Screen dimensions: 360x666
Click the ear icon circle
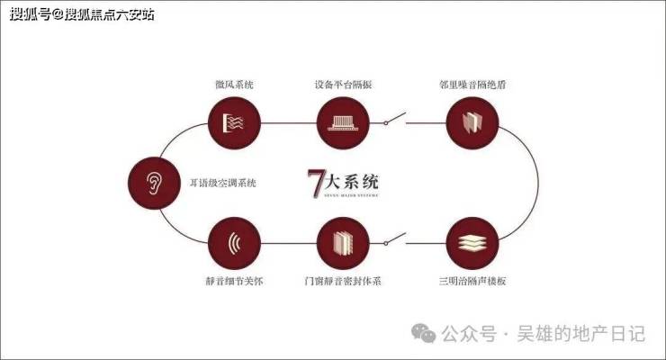[153, 183]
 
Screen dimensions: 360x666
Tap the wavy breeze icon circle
[234, 121]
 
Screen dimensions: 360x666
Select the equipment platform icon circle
[344, 121]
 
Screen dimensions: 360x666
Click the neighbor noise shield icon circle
[473, 121]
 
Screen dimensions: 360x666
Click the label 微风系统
[234, 84]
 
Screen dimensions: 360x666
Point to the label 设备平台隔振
[344, 84]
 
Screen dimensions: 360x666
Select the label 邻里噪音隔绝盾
[473, 84]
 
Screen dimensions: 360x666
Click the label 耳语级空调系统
[222, 183]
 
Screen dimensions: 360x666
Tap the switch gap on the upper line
[393, 118]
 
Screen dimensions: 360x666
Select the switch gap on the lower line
[393, 241]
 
